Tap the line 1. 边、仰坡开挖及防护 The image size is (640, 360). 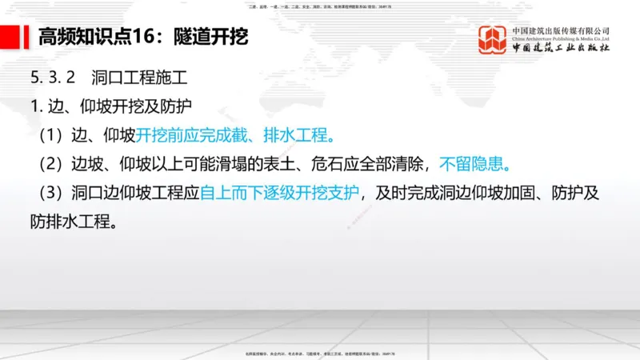110,106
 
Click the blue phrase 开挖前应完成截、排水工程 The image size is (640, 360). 235,134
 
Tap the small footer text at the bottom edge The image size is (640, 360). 319,354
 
